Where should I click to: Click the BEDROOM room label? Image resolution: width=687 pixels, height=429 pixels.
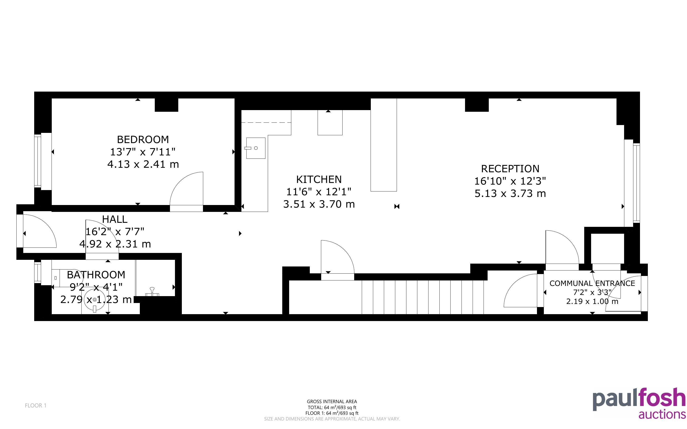pyautogui.click(x=143, y=139)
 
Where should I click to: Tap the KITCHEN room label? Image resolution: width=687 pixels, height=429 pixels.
pyautogui.click(x=319, y=179)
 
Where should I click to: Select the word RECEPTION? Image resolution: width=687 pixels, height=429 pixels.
pyautogui.click(x=510, y=169)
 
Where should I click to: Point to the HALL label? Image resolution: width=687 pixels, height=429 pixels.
pyautogui.click(x=115, y=219)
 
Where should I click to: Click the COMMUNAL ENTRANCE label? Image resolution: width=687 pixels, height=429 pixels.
pyautogui.click(x=592, y=283)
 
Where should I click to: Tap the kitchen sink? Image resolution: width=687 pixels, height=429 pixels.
pyautogui.click(x=256, y=148)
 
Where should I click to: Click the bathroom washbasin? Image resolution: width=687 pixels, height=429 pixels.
pyautogui.click(x=95, y=300)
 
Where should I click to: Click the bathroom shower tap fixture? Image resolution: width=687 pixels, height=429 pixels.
pyautogui.click(x=152, y=292)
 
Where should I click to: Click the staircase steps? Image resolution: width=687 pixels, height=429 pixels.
pyautogui.click(x=423, y=297)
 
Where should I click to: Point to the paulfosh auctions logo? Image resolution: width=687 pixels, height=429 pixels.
pyautogui.click(x=639, y=403)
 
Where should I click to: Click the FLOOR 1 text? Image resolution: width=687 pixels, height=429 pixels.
pyautogui.click(x=35, y=406)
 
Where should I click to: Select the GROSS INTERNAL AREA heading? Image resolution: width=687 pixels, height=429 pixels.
pyautogui.click(x=332, y=401)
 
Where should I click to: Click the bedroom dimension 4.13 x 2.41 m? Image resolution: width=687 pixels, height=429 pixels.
pyautogui.click(x=143, y=164)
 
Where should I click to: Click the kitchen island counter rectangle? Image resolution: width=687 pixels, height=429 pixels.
pyautogui.click(x=384, y=145)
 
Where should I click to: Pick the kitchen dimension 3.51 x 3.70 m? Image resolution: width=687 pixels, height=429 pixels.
pyautogui.click(x=319, y=204)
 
